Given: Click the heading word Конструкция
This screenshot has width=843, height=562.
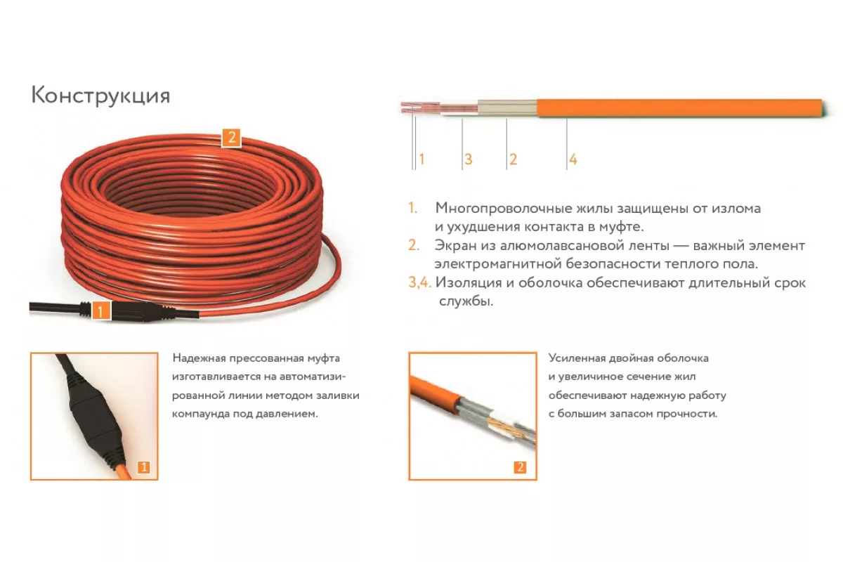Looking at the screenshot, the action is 100,96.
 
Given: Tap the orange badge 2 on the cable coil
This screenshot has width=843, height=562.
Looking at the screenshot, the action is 231,138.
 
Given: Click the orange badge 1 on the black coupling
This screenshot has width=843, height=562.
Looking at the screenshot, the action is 100,311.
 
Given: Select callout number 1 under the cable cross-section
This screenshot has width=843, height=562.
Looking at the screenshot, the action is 421,159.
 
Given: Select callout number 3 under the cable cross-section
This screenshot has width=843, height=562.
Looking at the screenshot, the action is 468,159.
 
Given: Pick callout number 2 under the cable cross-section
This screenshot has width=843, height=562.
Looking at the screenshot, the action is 513,159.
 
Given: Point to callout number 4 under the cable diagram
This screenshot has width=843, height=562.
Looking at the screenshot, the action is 573,159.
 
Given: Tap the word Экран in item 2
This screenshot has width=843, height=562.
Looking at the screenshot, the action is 455,246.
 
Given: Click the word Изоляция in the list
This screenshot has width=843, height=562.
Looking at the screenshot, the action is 468,283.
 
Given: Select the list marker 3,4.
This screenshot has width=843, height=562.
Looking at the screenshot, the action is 419,282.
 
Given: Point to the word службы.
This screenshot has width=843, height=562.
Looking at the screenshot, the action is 466,302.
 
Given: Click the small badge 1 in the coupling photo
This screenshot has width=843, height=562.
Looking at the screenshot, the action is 144,468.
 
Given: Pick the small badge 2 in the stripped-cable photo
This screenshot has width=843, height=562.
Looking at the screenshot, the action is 520,467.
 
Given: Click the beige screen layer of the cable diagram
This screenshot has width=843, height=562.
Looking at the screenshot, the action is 507,107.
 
